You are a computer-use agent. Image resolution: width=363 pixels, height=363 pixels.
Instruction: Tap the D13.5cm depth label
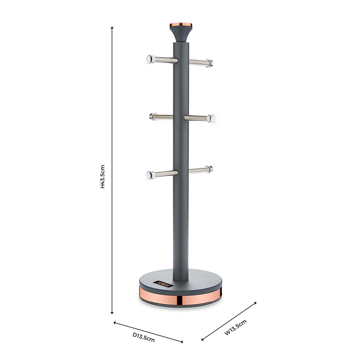(x=143, y=337)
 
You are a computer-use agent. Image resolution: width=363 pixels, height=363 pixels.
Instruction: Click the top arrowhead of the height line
(x=112, y=28)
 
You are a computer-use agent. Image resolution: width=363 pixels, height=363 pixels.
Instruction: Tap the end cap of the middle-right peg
(x=212, y=118)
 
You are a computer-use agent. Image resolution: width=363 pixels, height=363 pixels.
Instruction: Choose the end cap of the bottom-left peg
(x=150, y=174)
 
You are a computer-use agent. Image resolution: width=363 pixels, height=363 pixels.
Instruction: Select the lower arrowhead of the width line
(x=202, y=340)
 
